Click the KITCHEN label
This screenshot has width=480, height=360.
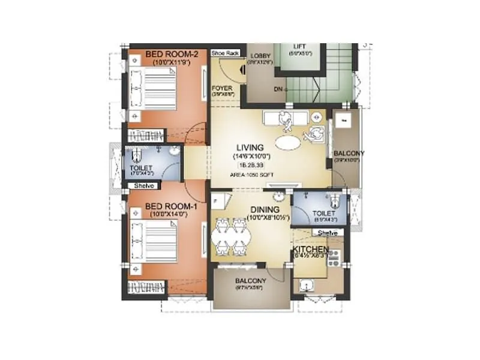(310, 249)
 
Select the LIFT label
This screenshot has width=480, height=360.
(299, 46)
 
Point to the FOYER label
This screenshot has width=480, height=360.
(222, 88)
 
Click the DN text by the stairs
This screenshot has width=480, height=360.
(278, 89)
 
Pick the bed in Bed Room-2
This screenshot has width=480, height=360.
(154, 86)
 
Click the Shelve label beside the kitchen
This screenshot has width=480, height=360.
(328, 233)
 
